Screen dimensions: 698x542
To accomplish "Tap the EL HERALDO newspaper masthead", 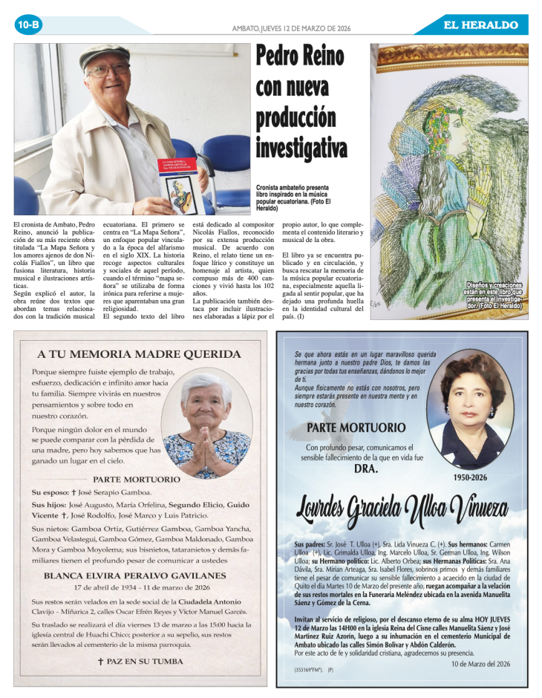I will pyautogui.click(x=480, y=25).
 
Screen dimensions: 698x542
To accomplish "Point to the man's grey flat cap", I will pyautogui.click(x=104, y=55).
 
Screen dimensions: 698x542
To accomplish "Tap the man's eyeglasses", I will pyautogui.click(x=108, y=71).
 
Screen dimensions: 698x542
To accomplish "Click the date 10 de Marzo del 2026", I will pyautogui.click(x=480, y=663).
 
